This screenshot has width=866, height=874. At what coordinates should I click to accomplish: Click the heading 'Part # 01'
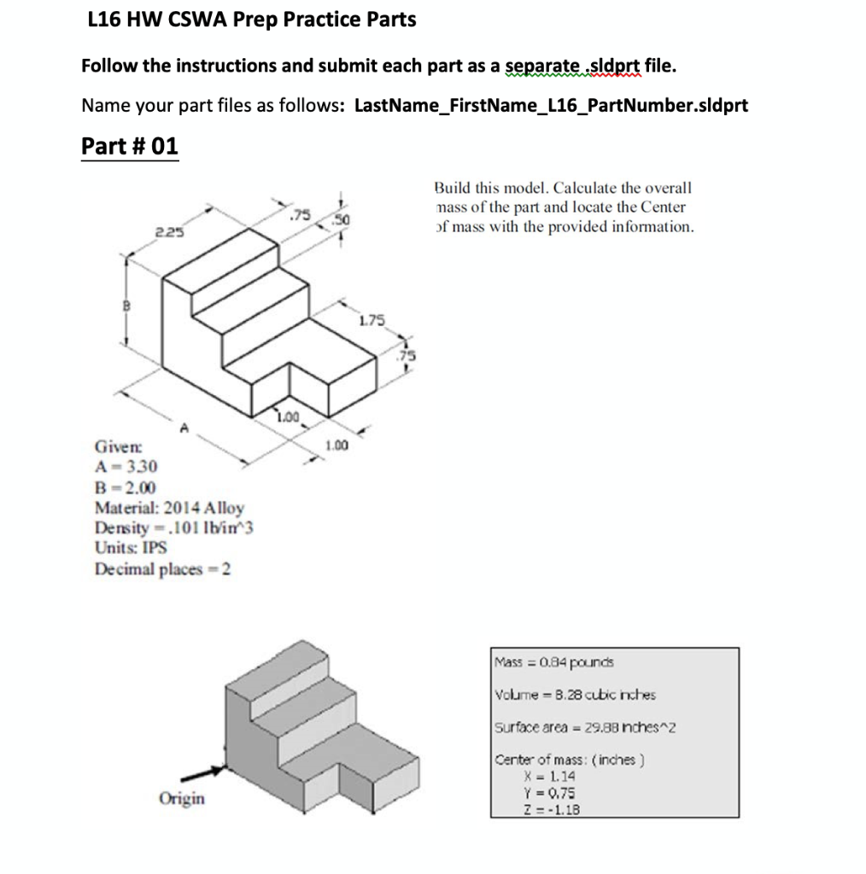coord(130,146)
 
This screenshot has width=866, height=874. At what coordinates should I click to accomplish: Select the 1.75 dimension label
coord(372,321)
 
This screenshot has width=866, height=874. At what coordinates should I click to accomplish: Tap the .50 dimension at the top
coord(342,221)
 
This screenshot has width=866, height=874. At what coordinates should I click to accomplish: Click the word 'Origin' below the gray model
coord(181,799)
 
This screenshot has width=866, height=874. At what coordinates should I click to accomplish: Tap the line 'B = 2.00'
coord(125,487)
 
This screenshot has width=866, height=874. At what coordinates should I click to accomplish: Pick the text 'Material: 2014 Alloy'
coord(169,508)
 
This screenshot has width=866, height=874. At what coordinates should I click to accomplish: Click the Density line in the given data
coord(174,527)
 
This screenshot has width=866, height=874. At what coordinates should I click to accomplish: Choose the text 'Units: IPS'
coord(131,548)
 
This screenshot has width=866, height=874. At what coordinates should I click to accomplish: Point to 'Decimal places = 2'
coord(162,568)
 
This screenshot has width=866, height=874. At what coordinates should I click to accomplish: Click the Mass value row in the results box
coord(553,661)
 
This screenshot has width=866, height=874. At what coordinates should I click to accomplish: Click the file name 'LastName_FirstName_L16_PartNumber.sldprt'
coord(551,106)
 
